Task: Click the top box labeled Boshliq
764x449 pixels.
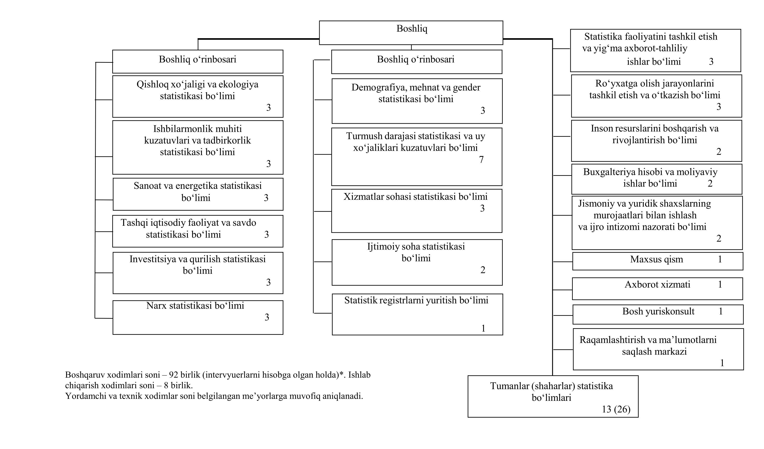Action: (411, 33)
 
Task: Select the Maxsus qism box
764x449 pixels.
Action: (658, 261)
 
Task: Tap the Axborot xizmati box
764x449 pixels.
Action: (657, 289)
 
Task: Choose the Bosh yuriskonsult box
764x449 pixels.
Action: (658, 314)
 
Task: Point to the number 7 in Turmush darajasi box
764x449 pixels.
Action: (481, 159)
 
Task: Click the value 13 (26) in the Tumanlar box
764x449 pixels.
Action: (616, 409)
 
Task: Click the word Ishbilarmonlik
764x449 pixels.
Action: (197, 129)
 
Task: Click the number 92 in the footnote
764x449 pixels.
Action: (173, 375)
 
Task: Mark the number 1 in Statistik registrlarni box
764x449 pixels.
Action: (483, 328)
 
